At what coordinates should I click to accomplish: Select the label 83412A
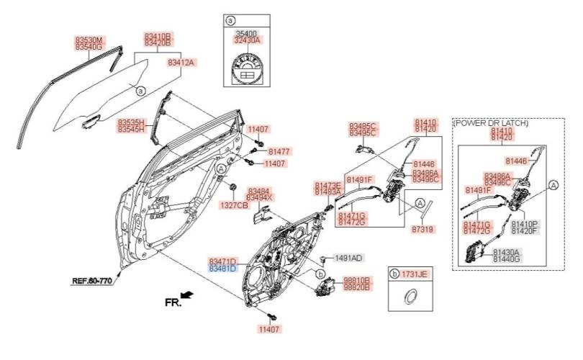click(x=181, y=63)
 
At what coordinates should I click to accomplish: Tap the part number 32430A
click(x=246, y=40)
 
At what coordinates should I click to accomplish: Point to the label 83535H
click(x=132, y=122)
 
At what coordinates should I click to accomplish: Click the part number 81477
click(x=279, y=152)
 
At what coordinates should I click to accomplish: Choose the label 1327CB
click(x=234, y=205)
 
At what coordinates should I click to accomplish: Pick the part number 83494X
click(x=260, y=197)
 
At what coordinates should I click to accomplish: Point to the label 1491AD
click(x=348, y=257)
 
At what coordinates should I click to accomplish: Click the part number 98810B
click(x=356, y=279)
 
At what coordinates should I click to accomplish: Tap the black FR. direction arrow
click(x=187, y=294)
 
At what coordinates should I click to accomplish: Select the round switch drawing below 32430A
click(x=246, y=70)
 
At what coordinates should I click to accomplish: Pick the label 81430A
click(x=506, y=252)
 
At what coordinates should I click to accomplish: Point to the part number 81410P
click(x=524, y=225)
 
